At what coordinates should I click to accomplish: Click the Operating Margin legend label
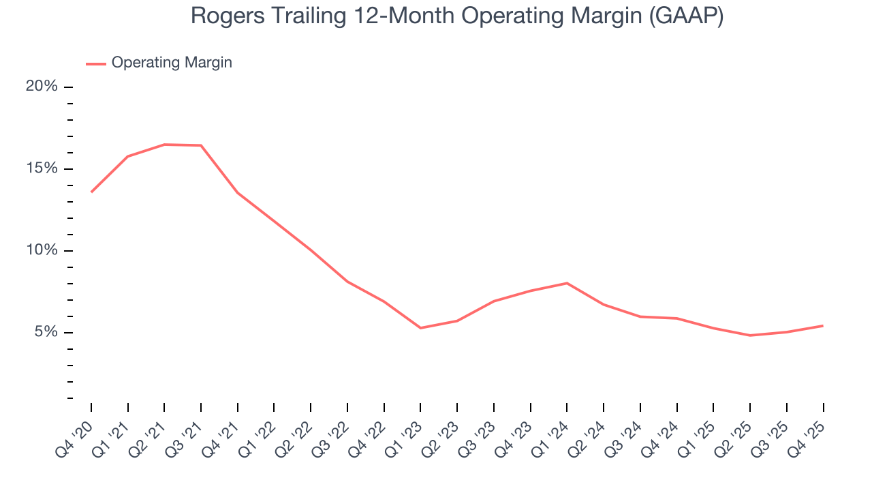[x=172, y=63]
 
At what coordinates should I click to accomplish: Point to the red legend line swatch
[x=96, y=63]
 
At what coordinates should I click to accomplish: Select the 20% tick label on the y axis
[x=42, y=86]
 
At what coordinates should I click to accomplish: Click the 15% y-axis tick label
[x=42, y=168]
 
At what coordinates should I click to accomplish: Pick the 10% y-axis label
[x=42, y=250]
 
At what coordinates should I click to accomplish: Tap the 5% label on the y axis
[x=46, y=332]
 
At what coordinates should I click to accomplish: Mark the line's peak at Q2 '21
[x=164, y=145]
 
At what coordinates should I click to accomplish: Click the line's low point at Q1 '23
[x=420, y=328]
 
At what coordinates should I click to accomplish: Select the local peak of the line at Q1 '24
[x=567, y=283]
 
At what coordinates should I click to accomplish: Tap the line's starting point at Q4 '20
[x=91, y=192]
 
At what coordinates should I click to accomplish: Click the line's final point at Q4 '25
[x=823, y=325]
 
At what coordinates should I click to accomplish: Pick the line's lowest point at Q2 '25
[x=750, y=336]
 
